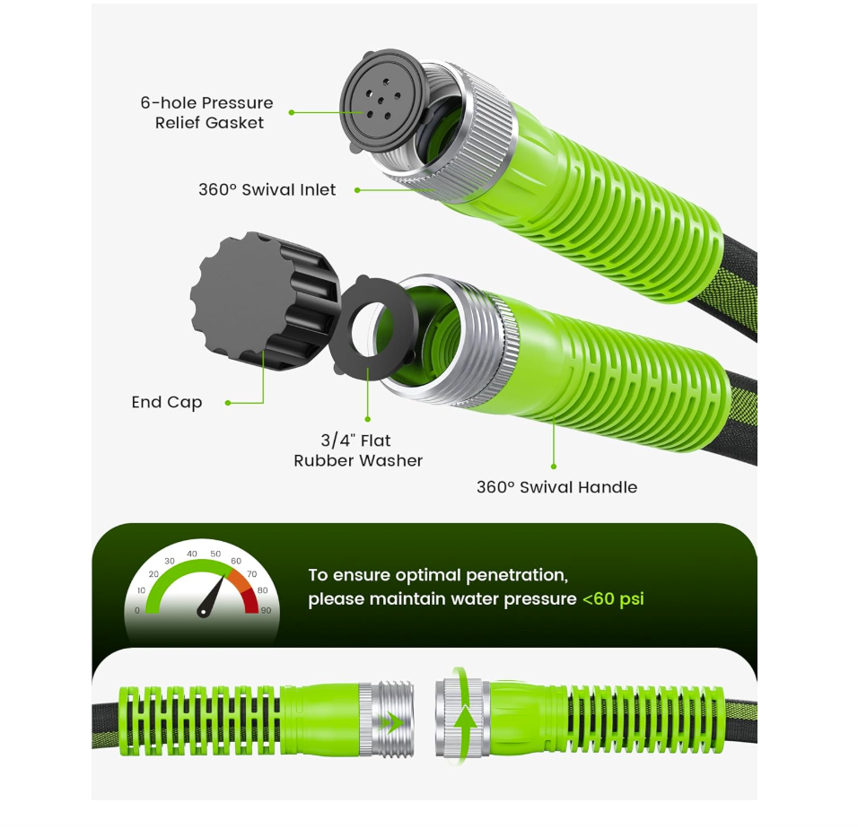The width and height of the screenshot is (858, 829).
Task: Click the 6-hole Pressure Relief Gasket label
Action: coord(206,113)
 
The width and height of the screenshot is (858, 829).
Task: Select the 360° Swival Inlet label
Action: coord(267,189)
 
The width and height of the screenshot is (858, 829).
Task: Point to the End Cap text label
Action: coord(167,402)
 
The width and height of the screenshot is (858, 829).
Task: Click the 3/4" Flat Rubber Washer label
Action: coord(358,450)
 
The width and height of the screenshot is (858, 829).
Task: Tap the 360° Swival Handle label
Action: coord(556,487)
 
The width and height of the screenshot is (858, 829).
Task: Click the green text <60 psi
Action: coord(613,598)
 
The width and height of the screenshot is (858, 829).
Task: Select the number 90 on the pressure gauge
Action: coord(266,610)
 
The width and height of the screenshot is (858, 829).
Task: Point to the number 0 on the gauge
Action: coord(136,610)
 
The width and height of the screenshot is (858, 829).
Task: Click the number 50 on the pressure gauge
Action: coord(215,554)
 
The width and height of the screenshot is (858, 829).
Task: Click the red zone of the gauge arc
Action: coord(250,596)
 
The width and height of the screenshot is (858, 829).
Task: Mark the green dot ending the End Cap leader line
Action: coord(227,403)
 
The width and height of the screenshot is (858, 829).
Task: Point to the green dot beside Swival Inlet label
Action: coord(356,190)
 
